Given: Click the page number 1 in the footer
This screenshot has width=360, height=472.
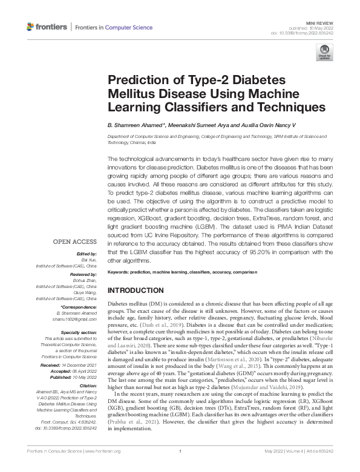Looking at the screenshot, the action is [180, 467].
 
